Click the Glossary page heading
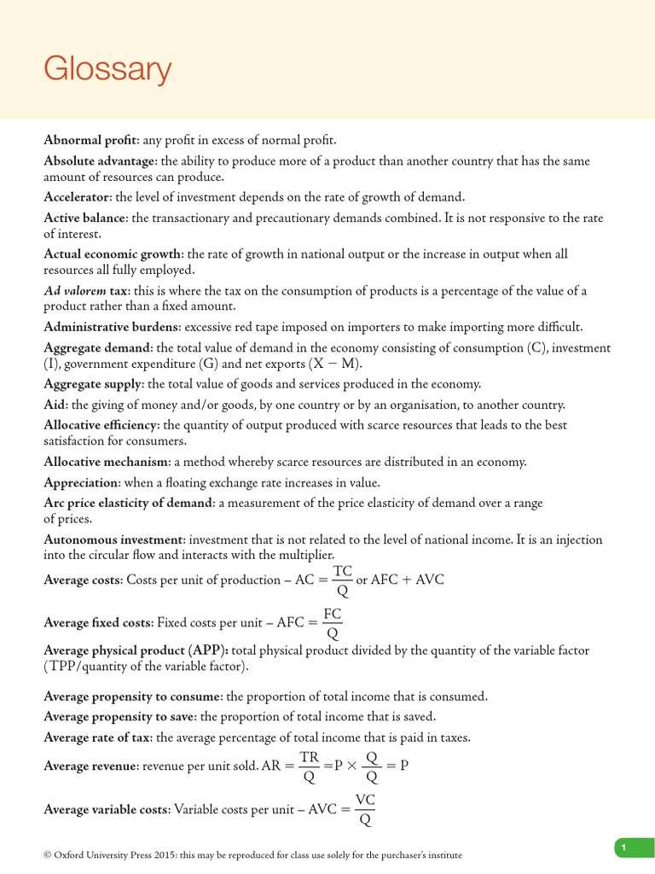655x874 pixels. click(107, 69)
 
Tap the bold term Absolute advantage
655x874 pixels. click(100, 161)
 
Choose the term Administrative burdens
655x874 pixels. click(112, 327)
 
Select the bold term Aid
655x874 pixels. click(55, 405)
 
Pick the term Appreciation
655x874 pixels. click(82, 482)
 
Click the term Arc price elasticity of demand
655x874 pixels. click(129, 504)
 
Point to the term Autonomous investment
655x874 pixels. click(113, 539)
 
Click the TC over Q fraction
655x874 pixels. click(343, 580)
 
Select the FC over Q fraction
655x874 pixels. click(333, 623)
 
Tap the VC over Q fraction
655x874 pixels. click(366, 810)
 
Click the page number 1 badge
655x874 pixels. click(624, 847)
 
